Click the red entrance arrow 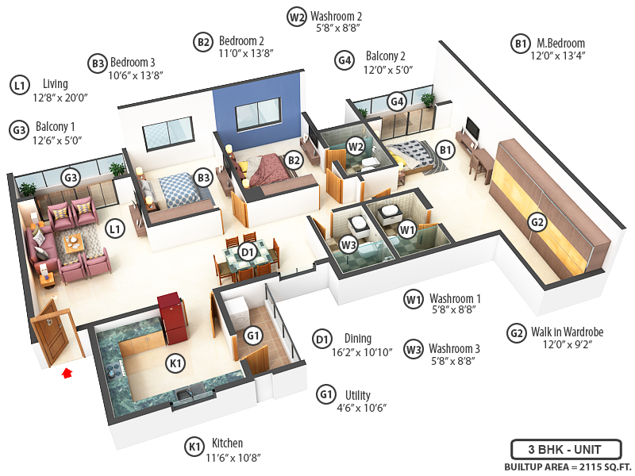(67, 370)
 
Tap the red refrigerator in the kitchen (171, 316)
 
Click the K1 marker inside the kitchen (175, 363)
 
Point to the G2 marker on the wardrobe (538, 222)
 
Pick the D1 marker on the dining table (247, 252)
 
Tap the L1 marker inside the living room (116, 229)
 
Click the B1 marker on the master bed (444, 149)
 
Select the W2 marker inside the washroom (356, 146)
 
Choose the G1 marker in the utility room (253, 336)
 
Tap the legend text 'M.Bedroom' (560, 44)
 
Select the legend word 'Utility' (357, 395)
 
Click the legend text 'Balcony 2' (385, 57)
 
